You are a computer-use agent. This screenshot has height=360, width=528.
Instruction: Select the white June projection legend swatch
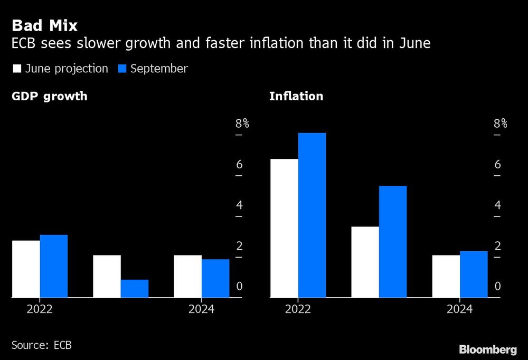click(16, 69)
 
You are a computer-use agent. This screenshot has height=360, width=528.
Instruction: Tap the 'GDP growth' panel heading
click(50, 97)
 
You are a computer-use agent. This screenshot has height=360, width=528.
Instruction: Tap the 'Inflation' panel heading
click(296, 97)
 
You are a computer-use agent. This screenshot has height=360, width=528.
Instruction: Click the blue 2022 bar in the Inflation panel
click(312, 215)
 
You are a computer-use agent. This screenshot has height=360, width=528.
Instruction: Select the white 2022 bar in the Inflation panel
click(284, 228)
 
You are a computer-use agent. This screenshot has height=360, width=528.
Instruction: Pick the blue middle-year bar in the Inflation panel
click(393, 242)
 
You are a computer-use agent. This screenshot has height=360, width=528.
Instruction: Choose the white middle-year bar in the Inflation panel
click(365, 262)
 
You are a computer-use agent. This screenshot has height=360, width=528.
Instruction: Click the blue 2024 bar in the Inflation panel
click(474, 274)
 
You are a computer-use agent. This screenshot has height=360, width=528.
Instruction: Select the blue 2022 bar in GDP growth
click(54, 266)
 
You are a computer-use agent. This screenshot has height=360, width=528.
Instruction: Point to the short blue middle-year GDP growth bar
click(135, 289)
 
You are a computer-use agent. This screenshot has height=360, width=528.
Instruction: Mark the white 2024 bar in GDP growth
click(187, 277)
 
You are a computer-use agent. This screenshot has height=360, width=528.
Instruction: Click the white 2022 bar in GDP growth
click(26, 269)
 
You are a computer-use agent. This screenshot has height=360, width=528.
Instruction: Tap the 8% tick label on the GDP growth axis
click(242, 124)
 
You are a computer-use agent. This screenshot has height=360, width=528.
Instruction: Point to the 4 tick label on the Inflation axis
click(497, 205)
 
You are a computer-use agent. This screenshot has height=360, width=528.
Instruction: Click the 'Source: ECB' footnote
click(41, 345)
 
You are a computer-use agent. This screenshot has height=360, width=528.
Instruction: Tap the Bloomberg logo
click(487, 349)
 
